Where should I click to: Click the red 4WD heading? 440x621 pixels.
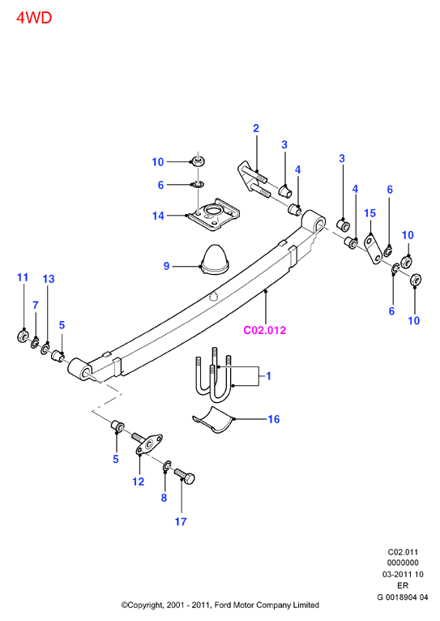point(34,18)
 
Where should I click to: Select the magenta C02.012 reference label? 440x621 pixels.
point(264,330)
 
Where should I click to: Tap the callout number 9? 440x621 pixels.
point(167,266)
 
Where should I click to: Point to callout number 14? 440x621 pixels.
point(158,216)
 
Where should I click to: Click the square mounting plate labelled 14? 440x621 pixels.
point(215,215)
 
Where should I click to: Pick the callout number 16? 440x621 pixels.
point(274,419)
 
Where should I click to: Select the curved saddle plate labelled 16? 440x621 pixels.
point(214,420)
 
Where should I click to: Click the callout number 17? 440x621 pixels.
point(181,521)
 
